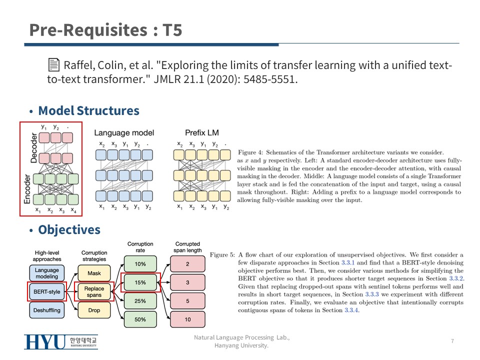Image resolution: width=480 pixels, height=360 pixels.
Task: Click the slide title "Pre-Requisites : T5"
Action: pyautogui.click(x=105, y=30)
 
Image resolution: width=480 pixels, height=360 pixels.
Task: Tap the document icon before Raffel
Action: pyautogui.click(x=53, y=65)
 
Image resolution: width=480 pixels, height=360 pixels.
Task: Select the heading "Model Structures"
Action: pyautogui.click(x=88, y=110)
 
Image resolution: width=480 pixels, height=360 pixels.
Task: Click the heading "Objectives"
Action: pyautogui.click(x=69, y=229)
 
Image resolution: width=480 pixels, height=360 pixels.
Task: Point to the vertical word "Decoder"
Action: pyautogui.click(x=34, y=148)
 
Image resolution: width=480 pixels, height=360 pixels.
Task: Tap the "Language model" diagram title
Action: pyautogui.click(x=124, y=132)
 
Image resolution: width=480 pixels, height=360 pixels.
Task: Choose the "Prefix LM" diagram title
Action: pyautogui.click(x=202, y=132)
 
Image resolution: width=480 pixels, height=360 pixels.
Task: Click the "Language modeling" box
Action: pyautogui.click(x=46, y=273)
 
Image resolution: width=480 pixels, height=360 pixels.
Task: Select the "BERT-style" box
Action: pyautogui.click(x=46, y=292)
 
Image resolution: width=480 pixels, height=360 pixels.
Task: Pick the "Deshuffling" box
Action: pyautogui.click(x=46, y=310)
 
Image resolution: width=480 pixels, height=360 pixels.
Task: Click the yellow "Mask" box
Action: pyautogui.click(x=94, y=273)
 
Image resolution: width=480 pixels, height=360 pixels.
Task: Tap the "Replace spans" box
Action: pyautogui.click(x=94, y=292)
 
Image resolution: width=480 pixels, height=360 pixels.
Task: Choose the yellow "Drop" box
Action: pyautogui.click(x=94, y=310)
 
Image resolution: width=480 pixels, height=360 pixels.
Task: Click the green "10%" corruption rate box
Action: pyautogui.click(x=140, y=264)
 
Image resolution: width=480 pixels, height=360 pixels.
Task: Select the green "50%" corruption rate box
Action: pyautogui.click(x=140, y=319)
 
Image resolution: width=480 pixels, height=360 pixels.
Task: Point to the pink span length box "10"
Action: pyautogui.click(x=187, y=319)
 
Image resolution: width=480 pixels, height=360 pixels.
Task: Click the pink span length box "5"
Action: pyautogui.click(x=187, y=301)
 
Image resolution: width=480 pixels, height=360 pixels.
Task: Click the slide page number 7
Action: pyautogui.click(x=452, y=341)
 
